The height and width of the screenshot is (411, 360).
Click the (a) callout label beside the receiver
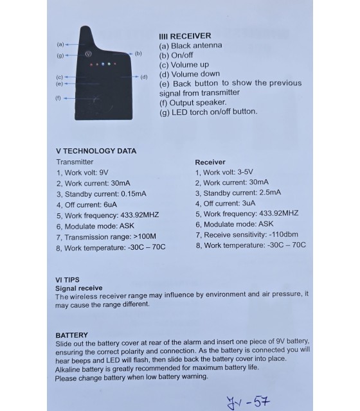(60, 44)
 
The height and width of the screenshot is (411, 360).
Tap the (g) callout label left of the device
(60, 55)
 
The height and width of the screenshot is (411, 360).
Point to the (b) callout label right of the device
(138, 53)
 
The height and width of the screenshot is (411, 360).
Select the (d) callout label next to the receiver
(143, 76)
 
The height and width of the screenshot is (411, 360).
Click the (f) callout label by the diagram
(58, 98)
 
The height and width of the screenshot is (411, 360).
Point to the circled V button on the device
(89, 55)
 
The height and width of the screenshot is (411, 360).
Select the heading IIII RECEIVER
(184, 36)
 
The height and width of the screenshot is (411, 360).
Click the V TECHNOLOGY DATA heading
(96, 151)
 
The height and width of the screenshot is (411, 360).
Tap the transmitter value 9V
(105, 172)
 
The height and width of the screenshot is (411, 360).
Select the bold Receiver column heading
(210, 162)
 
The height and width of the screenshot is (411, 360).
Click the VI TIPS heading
(67, 280)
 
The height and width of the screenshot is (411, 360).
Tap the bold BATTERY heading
(71, 335)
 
